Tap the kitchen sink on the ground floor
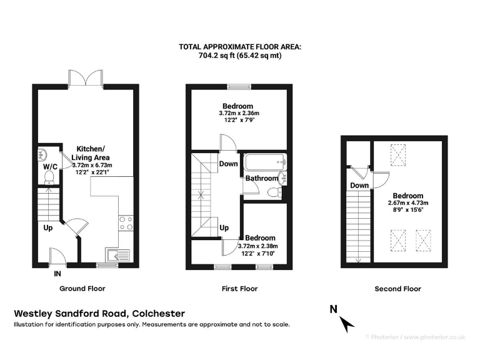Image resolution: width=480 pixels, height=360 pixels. pos(117,254)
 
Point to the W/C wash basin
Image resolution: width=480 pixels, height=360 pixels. pos(44,154)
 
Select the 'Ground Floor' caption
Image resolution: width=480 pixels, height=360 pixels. pos(82,289)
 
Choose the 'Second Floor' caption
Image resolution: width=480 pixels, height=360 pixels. pos(397,289)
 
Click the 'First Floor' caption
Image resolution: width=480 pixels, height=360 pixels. pos(239,289)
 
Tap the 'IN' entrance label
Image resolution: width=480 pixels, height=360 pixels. pos(57,274)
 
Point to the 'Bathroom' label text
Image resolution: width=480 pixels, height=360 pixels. pos(261,179)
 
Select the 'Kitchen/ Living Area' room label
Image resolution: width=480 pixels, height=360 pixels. pos(91,152)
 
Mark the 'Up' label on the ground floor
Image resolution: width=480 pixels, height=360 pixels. pos(48,228)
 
